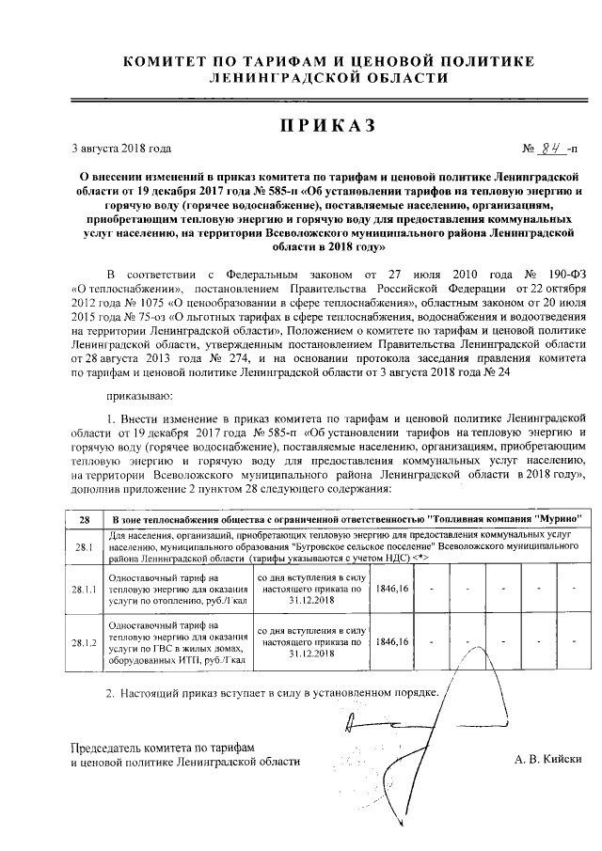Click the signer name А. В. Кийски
pyautogui.click(x=549, y=759)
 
